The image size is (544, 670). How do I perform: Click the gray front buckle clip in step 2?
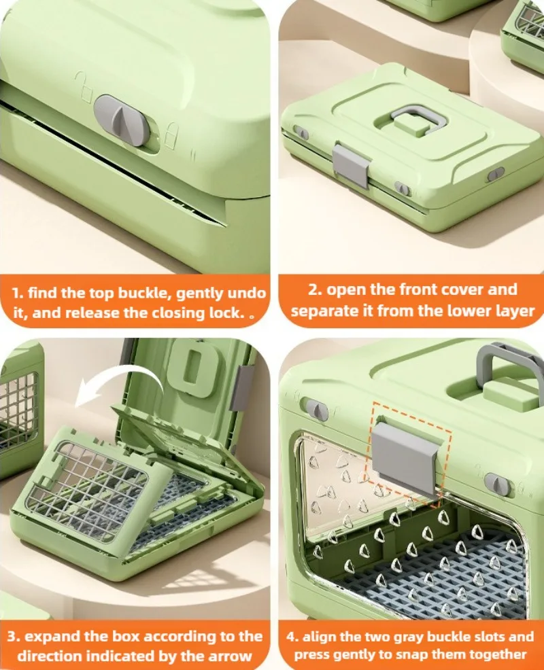351,165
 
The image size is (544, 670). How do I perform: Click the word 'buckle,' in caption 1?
146,293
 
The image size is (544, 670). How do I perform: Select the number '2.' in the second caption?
315,289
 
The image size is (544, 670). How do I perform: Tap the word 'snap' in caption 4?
447,654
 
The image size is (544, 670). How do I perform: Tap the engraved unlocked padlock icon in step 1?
84,87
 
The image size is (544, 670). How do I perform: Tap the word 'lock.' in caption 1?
226,313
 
